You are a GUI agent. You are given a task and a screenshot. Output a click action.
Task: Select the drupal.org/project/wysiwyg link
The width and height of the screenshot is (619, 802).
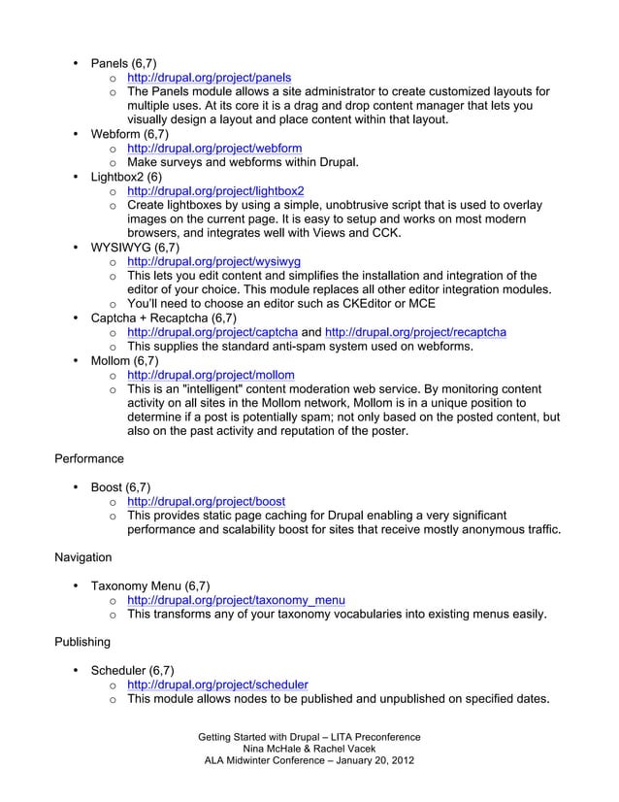(214, 261)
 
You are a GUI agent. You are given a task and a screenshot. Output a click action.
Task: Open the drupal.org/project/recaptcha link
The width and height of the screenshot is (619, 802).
(414, 332)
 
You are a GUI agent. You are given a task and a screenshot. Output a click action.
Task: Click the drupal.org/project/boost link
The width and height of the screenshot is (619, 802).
(206, 501)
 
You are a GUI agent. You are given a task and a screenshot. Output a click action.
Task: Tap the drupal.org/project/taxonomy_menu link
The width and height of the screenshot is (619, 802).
(237, 600)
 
